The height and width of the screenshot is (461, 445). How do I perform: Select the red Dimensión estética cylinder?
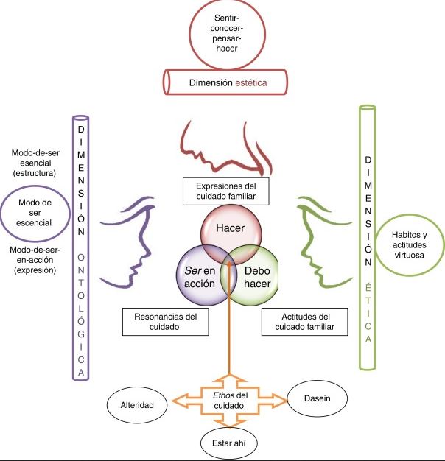point(224,83)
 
